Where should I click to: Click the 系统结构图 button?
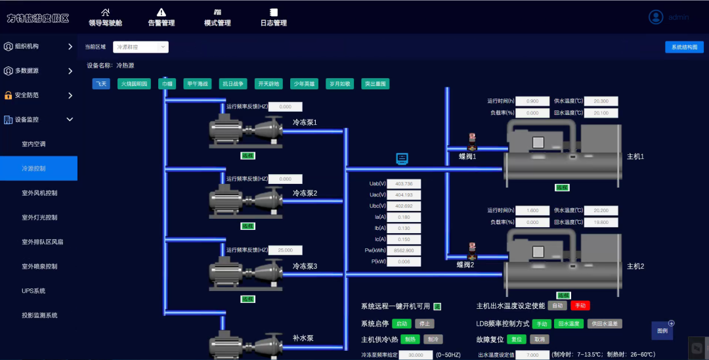tap(685, 47)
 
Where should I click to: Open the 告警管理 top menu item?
tap(161, 17)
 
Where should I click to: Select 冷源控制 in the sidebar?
tap(39, 168)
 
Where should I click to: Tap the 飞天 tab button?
tap(100, 83)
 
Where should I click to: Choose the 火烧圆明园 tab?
tap(134, 83)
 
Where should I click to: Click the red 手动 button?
tap(580, 305)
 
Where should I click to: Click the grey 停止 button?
tap(424, 323)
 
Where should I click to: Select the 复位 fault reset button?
tap(517, 339)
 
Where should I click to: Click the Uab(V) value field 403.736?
tap(404, 183)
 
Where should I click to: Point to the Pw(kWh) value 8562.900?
tap(404, 250)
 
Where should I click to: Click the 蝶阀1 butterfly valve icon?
tap(471, 142)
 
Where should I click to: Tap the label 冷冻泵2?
tap(305, 193)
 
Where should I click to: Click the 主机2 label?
tap(635, 266)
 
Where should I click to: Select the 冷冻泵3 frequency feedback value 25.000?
tap(286, 250)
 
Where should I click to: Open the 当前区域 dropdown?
tap(141, 47)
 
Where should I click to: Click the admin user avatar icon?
tap(656, 17)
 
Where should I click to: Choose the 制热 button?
tap(410, 339)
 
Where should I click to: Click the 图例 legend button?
tap(662, 330)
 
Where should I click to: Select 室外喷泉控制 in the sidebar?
tap(39, 266)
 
